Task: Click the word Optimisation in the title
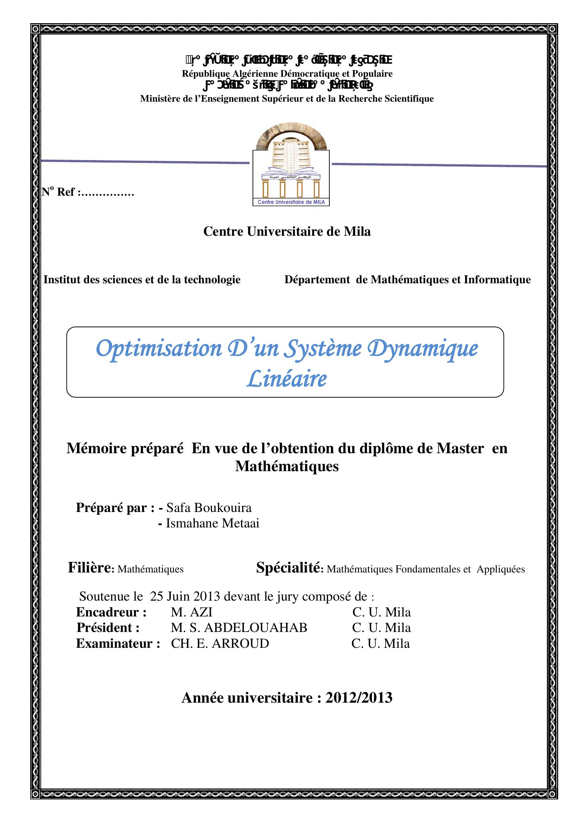(159, 348)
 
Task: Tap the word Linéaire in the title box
(286, 379)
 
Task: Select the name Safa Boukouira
(209, 508)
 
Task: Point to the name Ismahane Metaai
(212, 523)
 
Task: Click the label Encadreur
(111, 612)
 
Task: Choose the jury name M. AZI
(192, 612)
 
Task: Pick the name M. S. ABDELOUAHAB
(239, 628)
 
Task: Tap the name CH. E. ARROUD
(220, 644)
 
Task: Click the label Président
(108, 628)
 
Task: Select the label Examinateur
(118, 644)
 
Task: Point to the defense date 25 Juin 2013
(185, 596)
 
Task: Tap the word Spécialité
(288, 568)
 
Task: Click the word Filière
(90, 568)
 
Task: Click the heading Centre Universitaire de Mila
(287, 231)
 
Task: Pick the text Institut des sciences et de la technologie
(142, 279)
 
